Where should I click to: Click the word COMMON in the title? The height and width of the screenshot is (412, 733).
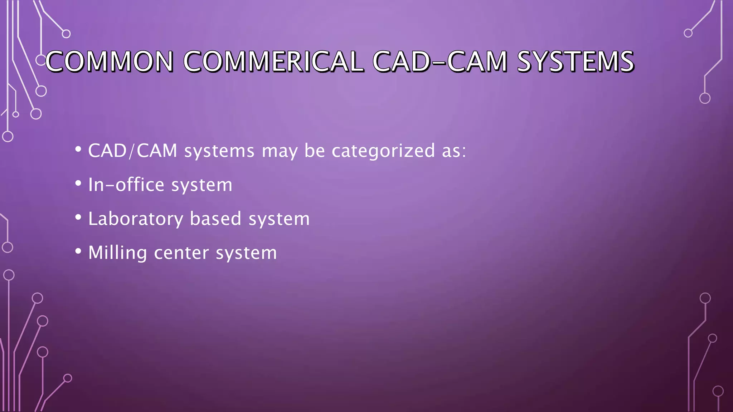click(x=109, y=62)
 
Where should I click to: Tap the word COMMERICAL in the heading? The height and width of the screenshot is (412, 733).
click(x=273, y=62)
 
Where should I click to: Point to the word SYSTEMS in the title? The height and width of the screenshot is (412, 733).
click(x=576, y=62)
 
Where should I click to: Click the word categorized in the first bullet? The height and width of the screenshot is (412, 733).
click(x=383, y=151)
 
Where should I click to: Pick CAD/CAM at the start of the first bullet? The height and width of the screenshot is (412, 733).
click(x=132, y=151)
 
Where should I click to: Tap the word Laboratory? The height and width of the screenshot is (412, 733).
click(x=136, y=219)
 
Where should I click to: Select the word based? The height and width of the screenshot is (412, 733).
click(x=215, y=219)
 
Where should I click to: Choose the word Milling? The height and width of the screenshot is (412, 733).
click(x=117, y=253)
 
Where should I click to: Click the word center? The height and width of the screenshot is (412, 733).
click(x=181, y=253)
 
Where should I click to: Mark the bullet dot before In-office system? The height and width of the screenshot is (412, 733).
click(x=78, y=183)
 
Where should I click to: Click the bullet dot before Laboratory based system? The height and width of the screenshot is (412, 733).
click(x=78, y=217)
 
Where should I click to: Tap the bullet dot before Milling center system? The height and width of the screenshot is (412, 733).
click(x=78, y=251)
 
